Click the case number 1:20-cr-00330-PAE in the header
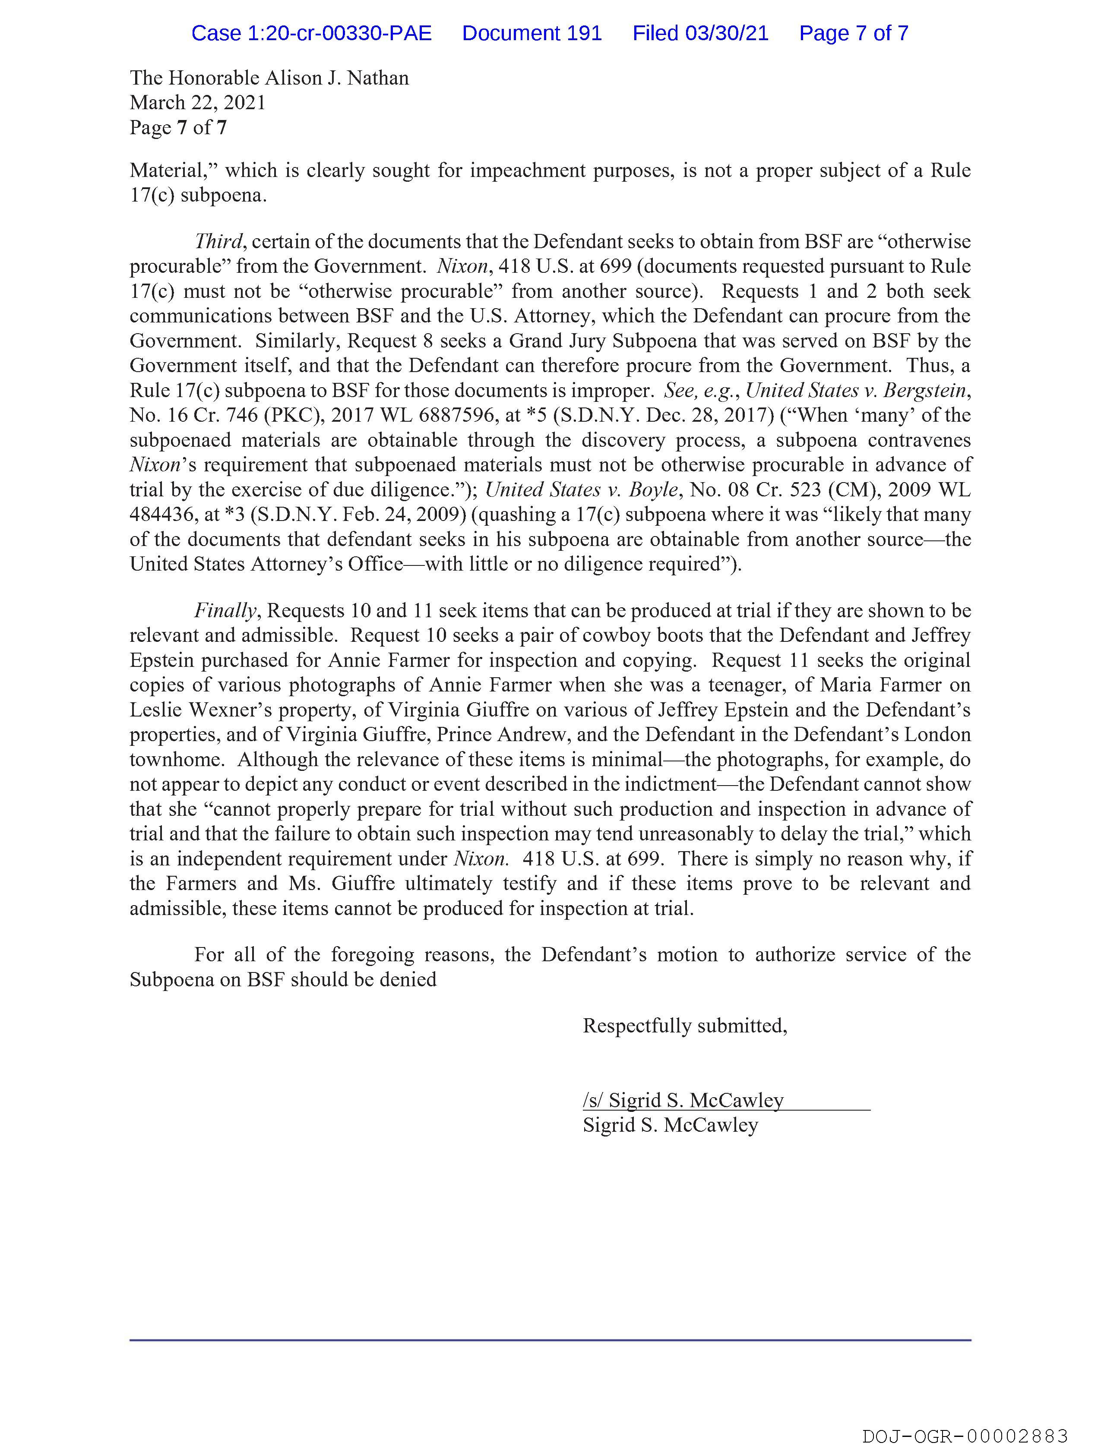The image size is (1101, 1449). pos(311,33)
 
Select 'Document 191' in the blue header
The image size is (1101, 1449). pos(532,33)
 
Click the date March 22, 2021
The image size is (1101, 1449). pos(197,103)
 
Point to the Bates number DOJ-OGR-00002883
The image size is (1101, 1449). pos(965,1436)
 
